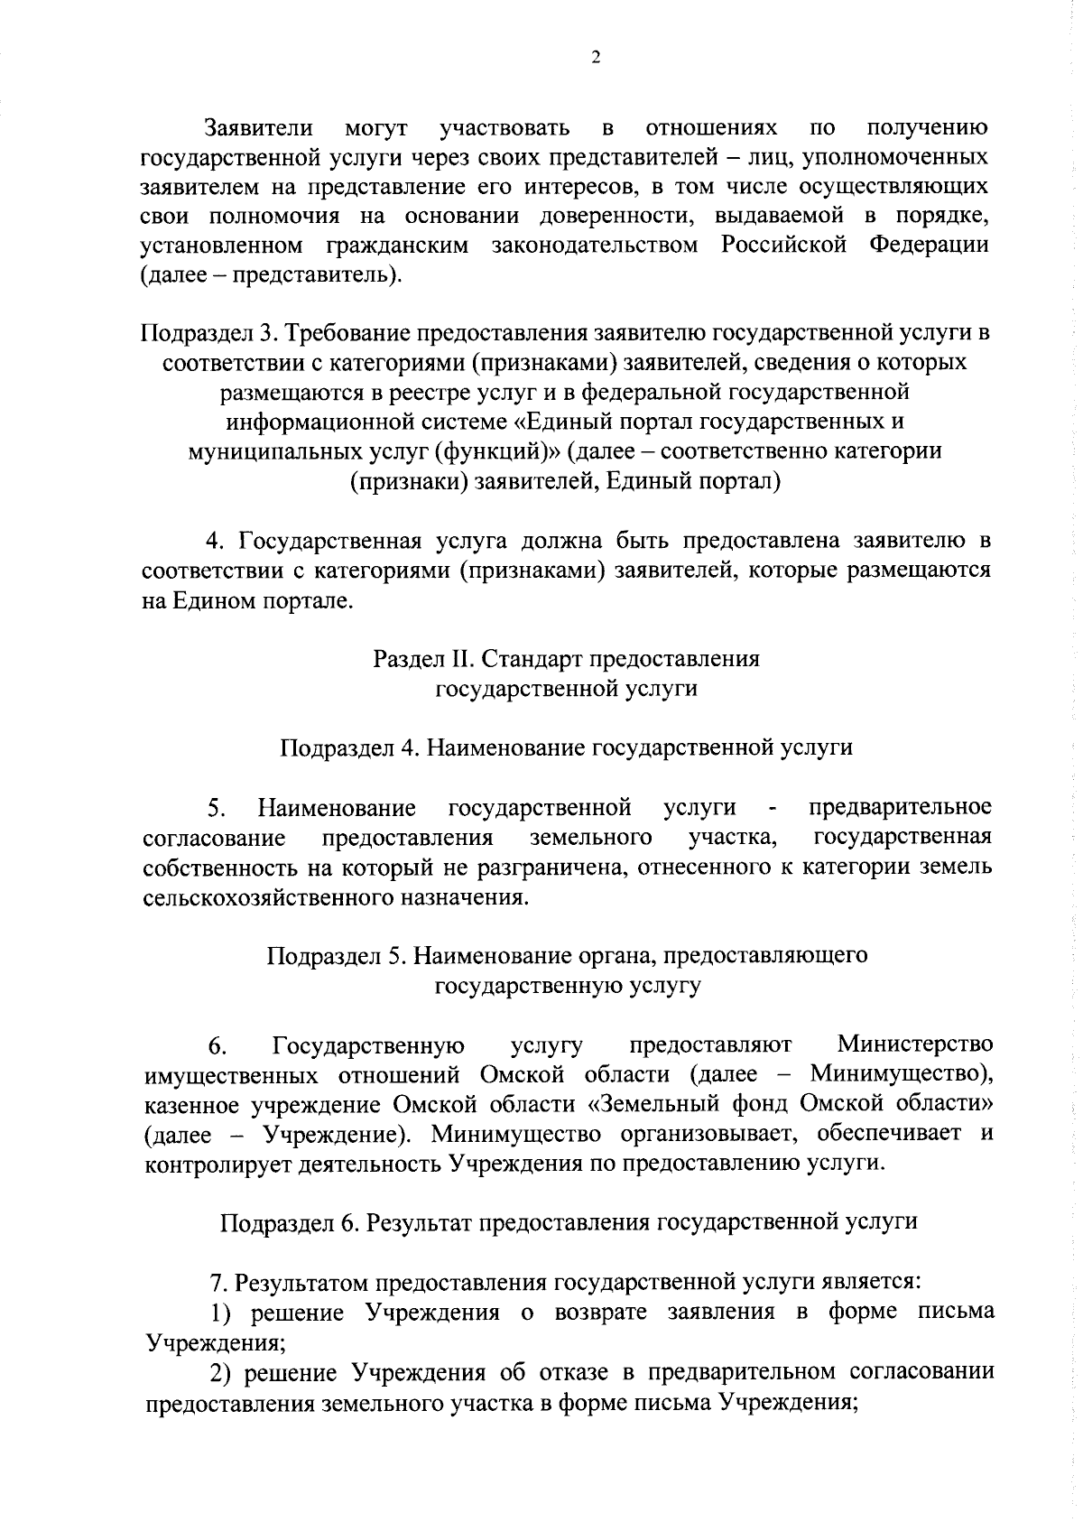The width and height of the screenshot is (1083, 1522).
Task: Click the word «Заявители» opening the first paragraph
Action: pyautogui.click(x=259, y=127)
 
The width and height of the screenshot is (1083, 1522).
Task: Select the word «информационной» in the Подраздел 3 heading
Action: pyautogui.click(x=318, y=422)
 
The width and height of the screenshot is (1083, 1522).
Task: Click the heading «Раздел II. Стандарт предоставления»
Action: pyautogui.click(x=567, y=659)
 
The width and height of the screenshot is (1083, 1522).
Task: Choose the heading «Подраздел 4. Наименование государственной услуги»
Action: pyautogui.click(x=567, y=747)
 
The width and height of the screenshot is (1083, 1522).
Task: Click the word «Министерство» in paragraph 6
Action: pyautogui.click(x=915, y=1045)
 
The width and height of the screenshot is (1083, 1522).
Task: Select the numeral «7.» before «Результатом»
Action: pyautogui.click(x=217, y=1282)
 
